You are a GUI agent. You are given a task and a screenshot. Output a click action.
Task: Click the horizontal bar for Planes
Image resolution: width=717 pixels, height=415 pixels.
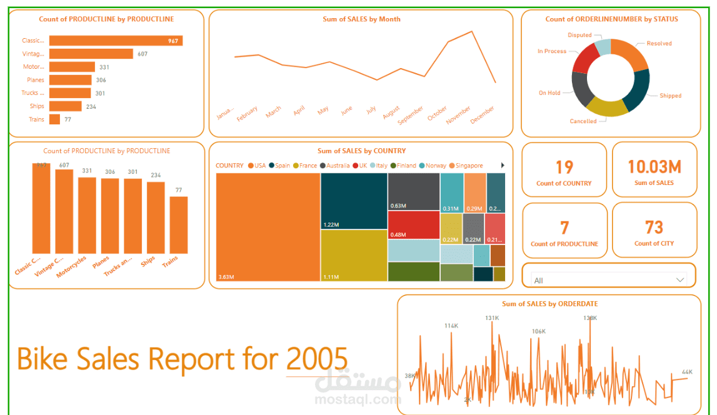pos(71,80)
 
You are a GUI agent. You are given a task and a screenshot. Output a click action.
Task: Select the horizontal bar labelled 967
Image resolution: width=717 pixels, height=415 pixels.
pos(116,41)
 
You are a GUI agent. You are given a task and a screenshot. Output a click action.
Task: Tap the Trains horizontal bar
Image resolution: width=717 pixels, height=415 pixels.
pos(54,119)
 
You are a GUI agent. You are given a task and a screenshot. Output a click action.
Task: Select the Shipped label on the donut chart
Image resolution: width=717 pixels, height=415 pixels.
pos(670,96)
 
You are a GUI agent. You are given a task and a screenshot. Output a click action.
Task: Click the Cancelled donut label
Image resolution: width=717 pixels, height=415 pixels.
pos(583,121)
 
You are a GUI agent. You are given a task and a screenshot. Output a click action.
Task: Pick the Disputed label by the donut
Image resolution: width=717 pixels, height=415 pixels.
pos(579,36)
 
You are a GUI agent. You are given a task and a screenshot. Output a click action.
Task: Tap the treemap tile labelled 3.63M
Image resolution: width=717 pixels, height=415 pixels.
pos(268,227)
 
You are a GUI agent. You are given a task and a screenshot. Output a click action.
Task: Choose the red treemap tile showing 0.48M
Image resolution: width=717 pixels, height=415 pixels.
pos(413,225)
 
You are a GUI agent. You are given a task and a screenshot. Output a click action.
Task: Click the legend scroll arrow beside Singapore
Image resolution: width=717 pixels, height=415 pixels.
pos(503,166)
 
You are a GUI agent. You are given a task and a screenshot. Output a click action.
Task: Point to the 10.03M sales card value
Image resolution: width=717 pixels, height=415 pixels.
pos(654,167)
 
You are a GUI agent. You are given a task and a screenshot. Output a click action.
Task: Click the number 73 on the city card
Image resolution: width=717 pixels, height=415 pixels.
pos(654,227)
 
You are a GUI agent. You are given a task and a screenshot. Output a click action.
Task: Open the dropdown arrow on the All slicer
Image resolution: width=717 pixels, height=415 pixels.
pos(680,280)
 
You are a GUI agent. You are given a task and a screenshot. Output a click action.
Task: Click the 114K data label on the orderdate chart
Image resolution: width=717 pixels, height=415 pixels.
pos(451,326)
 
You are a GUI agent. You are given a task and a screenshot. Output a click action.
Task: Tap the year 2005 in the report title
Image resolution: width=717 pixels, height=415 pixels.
pos(317,359)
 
